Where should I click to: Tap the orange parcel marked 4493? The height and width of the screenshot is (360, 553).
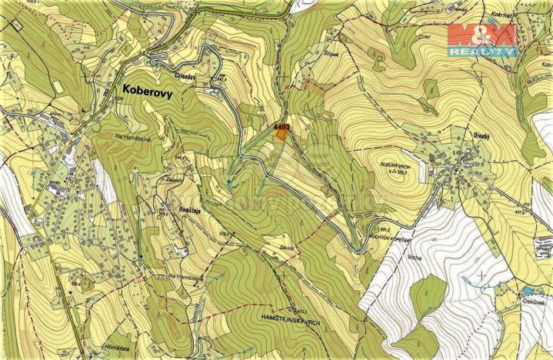(x=281, y=134)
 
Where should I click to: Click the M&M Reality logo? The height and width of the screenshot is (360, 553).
(x=481, y=38)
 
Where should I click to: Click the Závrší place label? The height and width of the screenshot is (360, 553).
(x=269, y=248)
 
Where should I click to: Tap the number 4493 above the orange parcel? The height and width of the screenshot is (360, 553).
(x=281, y=124)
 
